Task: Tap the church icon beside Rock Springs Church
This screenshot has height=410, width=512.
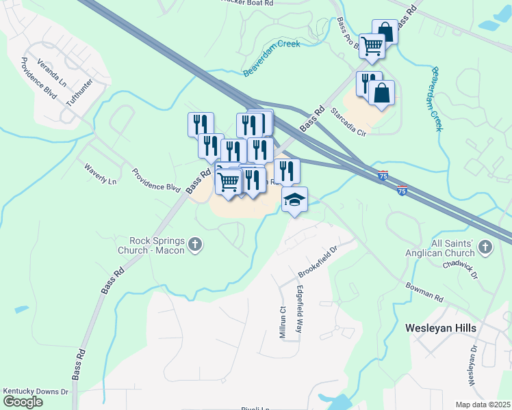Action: click(196, 245)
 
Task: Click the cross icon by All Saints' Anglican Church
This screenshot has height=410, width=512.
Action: click(485, 247)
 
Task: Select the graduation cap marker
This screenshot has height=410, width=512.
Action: click(295, 200)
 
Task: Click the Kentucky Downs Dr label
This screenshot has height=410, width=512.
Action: click(36, 392)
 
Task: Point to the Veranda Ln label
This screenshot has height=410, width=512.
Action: click(52, 71)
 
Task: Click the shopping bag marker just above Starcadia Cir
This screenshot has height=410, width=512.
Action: click(382, 94)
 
